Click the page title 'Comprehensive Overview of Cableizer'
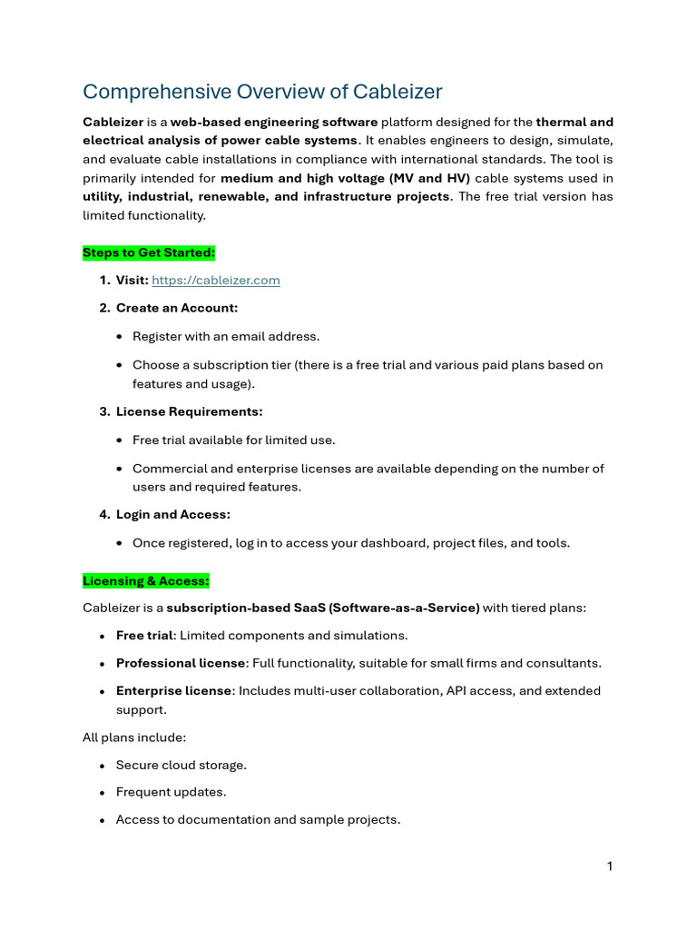[262, 92]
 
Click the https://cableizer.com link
[216, 281]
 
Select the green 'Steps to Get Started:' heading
[149, 252]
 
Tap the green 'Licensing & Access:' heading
[146, 580]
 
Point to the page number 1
[610, 866]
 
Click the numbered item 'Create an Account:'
[177, 308]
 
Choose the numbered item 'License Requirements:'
[189, 411]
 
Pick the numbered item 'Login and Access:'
[173, 514]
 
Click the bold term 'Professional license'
[181, 663]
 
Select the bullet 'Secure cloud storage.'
[182, 765]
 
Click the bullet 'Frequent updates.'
[172, 792]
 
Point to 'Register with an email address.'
[226, 336]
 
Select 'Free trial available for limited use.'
[234, 440]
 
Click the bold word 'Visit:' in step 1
[133, 281]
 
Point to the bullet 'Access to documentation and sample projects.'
[258, 819]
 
